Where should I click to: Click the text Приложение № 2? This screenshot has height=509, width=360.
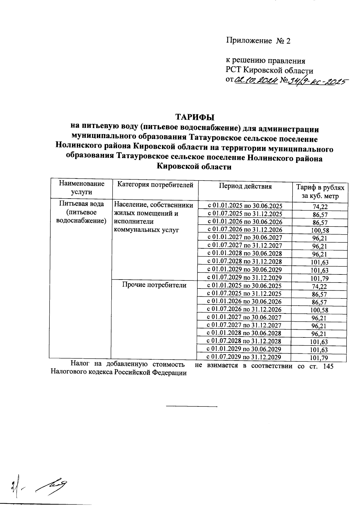[x=258, y=41]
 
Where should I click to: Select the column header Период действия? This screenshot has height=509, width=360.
[x=245, y=186]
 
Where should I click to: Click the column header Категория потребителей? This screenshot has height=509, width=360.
[x=155, y=185]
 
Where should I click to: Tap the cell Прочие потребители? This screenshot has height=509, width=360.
[x=154, y=285]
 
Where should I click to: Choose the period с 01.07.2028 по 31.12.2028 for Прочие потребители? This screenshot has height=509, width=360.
[x=244, y=341]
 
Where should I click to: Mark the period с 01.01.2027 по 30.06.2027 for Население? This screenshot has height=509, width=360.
[x=245, y=238]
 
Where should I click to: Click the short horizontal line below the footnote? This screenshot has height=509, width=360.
[x=191, y=406]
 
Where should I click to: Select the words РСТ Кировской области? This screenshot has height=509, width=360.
[x=269, y=71]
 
